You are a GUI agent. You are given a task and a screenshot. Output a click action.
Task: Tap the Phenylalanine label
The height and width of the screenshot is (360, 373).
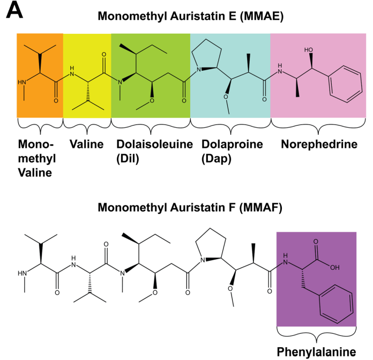click(316, 351)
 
